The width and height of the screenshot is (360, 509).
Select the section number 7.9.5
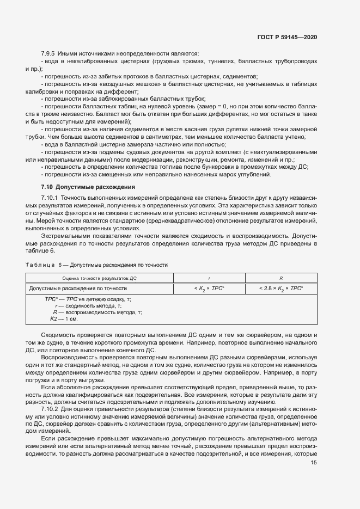coord(50,53)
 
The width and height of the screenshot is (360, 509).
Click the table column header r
coord(210,278)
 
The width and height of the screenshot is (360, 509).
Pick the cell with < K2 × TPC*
coord(210,288)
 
